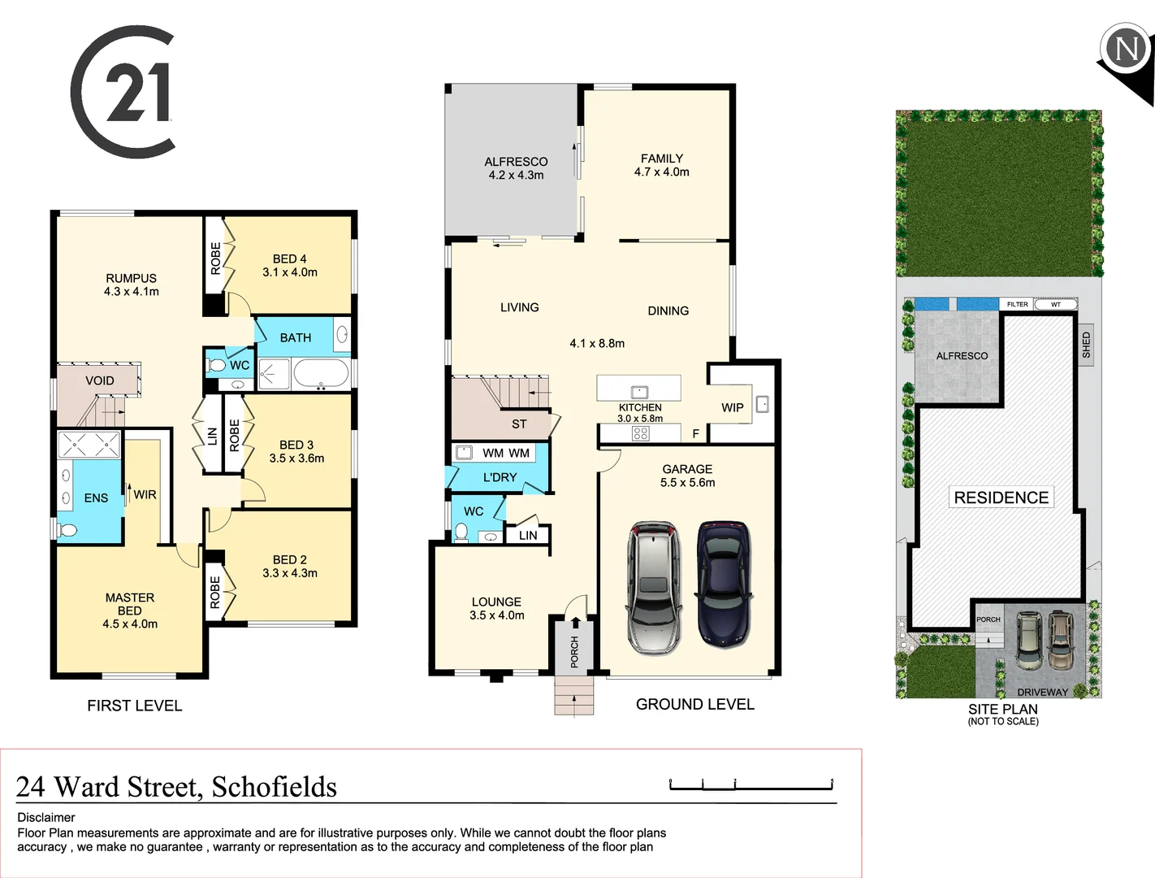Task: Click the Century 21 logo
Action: coord(123,92)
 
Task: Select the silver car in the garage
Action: coord(652,587)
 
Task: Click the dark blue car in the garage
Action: coord(723,584)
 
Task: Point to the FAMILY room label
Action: coord(661,159)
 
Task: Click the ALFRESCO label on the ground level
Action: coord(516,162)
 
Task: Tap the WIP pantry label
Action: coord(732,407)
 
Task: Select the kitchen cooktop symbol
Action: coord(640,433)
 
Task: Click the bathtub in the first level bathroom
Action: coord(321,374)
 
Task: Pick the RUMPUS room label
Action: coord(131,278)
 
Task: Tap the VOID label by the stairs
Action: coord(100,380)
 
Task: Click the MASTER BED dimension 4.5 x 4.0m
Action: coord(130,624)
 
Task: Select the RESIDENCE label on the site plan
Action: coord(1001,498)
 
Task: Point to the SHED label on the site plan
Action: coord(1086,345)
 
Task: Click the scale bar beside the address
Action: coord(751,785)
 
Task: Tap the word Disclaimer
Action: coord(46,817)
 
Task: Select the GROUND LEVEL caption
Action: coord(694,704)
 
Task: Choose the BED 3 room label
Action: coord(296,445)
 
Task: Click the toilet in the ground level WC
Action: coord(461,532)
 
